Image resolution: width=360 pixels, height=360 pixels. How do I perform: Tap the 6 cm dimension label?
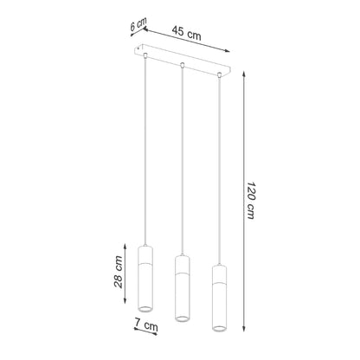click(x=135, y=26)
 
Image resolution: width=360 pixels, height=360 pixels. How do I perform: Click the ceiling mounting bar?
click(x=186, y=64)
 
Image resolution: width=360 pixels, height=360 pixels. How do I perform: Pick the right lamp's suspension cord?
click(x=218, y=173)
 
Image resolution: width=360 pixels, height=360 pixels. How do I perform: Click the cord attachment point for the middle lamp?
click(x=183, y=65)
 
